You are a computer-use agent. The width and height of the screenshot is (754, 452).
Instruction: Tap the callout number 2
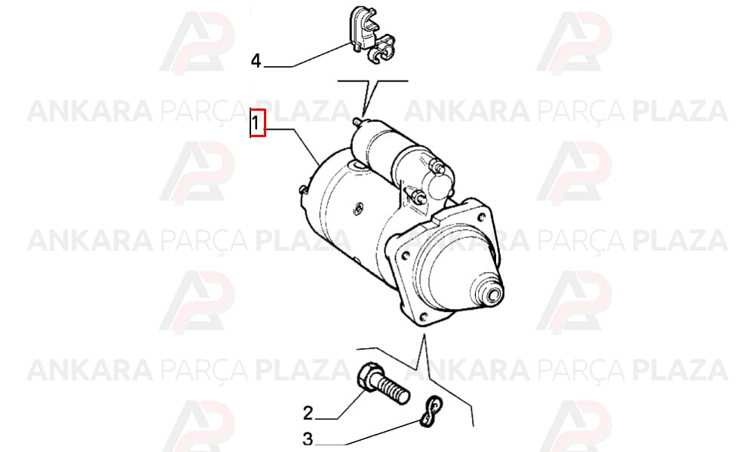(x=308, y=413)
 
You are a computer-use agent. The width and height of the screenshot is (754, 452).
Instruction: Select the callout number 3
(x=308, y=439)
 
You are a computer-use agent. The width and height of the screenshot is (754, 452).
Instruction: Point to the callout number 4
(x=256, y=61)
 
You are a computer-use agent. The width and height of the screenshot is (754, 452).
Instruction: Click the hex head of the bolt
(x=369, y=376)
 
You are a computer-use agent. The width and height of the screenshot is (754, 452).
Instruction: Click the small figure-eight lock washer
(x=431, y=411)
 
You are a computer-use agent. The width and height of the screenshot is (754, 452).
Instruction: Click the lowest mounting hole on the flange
(x=424, y=317)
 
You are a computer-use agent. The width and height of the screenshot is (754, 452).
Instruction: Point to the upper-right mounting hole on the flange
(x=481, y=217)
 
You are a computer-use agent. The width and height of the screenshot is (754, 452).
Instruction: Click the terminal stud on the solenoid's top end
(x=357, y=121)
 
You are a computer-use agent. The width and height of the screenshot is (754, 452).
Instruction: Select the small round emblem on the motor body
(x=357, y=209)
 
